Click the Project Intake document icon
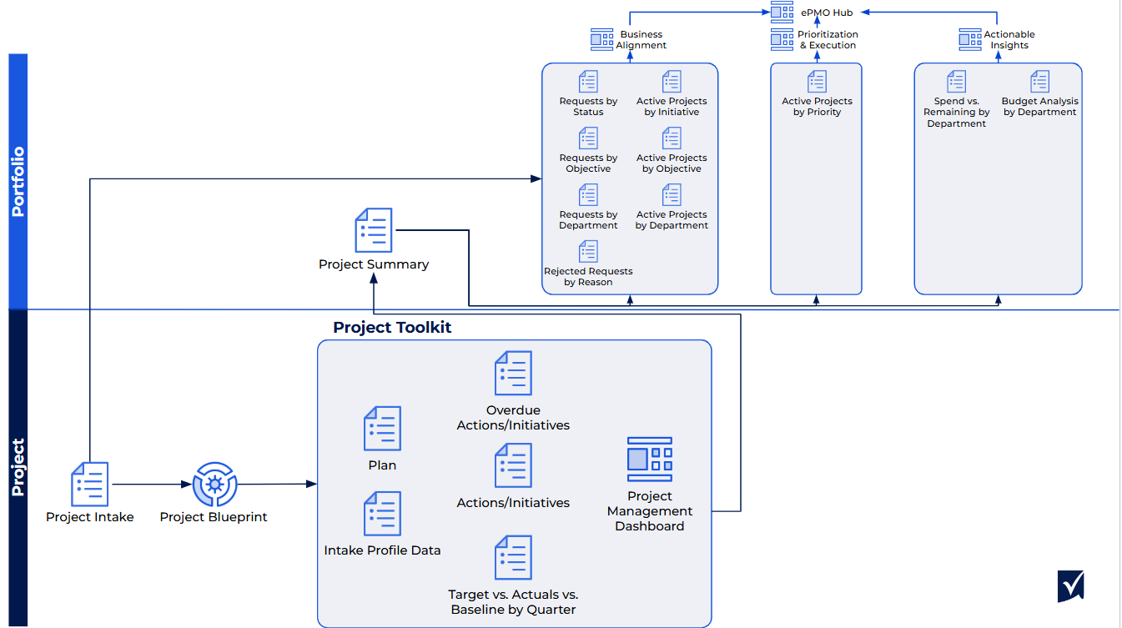point(89,485)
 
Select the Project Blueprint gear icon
point(214,484)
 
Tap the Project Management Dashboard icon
point(649,460)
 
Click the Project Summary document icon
point(373,230)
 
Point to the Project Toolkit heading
point(392,327)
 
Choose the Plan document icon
point(382,429)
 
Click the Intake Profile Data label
point(382,550)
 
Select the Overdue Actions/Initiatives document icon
point(513,373)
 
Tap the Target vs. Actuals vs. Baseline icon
point(513,558)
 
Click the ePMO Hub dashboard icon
point(782,12)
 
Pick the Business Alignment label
point(642,40)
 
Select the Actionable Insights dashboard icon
point(969,39)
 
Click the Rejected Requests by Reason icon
point(588,251)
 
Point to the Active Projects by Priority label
point(817,107)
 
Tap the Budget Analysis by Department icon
point(1039,82)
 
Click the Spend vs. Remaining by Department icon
point(956,82)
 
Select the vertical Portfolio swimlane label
point(18,182)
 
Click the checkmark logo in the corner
point(1070,585)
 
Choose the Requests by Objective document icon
point(588,138)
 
